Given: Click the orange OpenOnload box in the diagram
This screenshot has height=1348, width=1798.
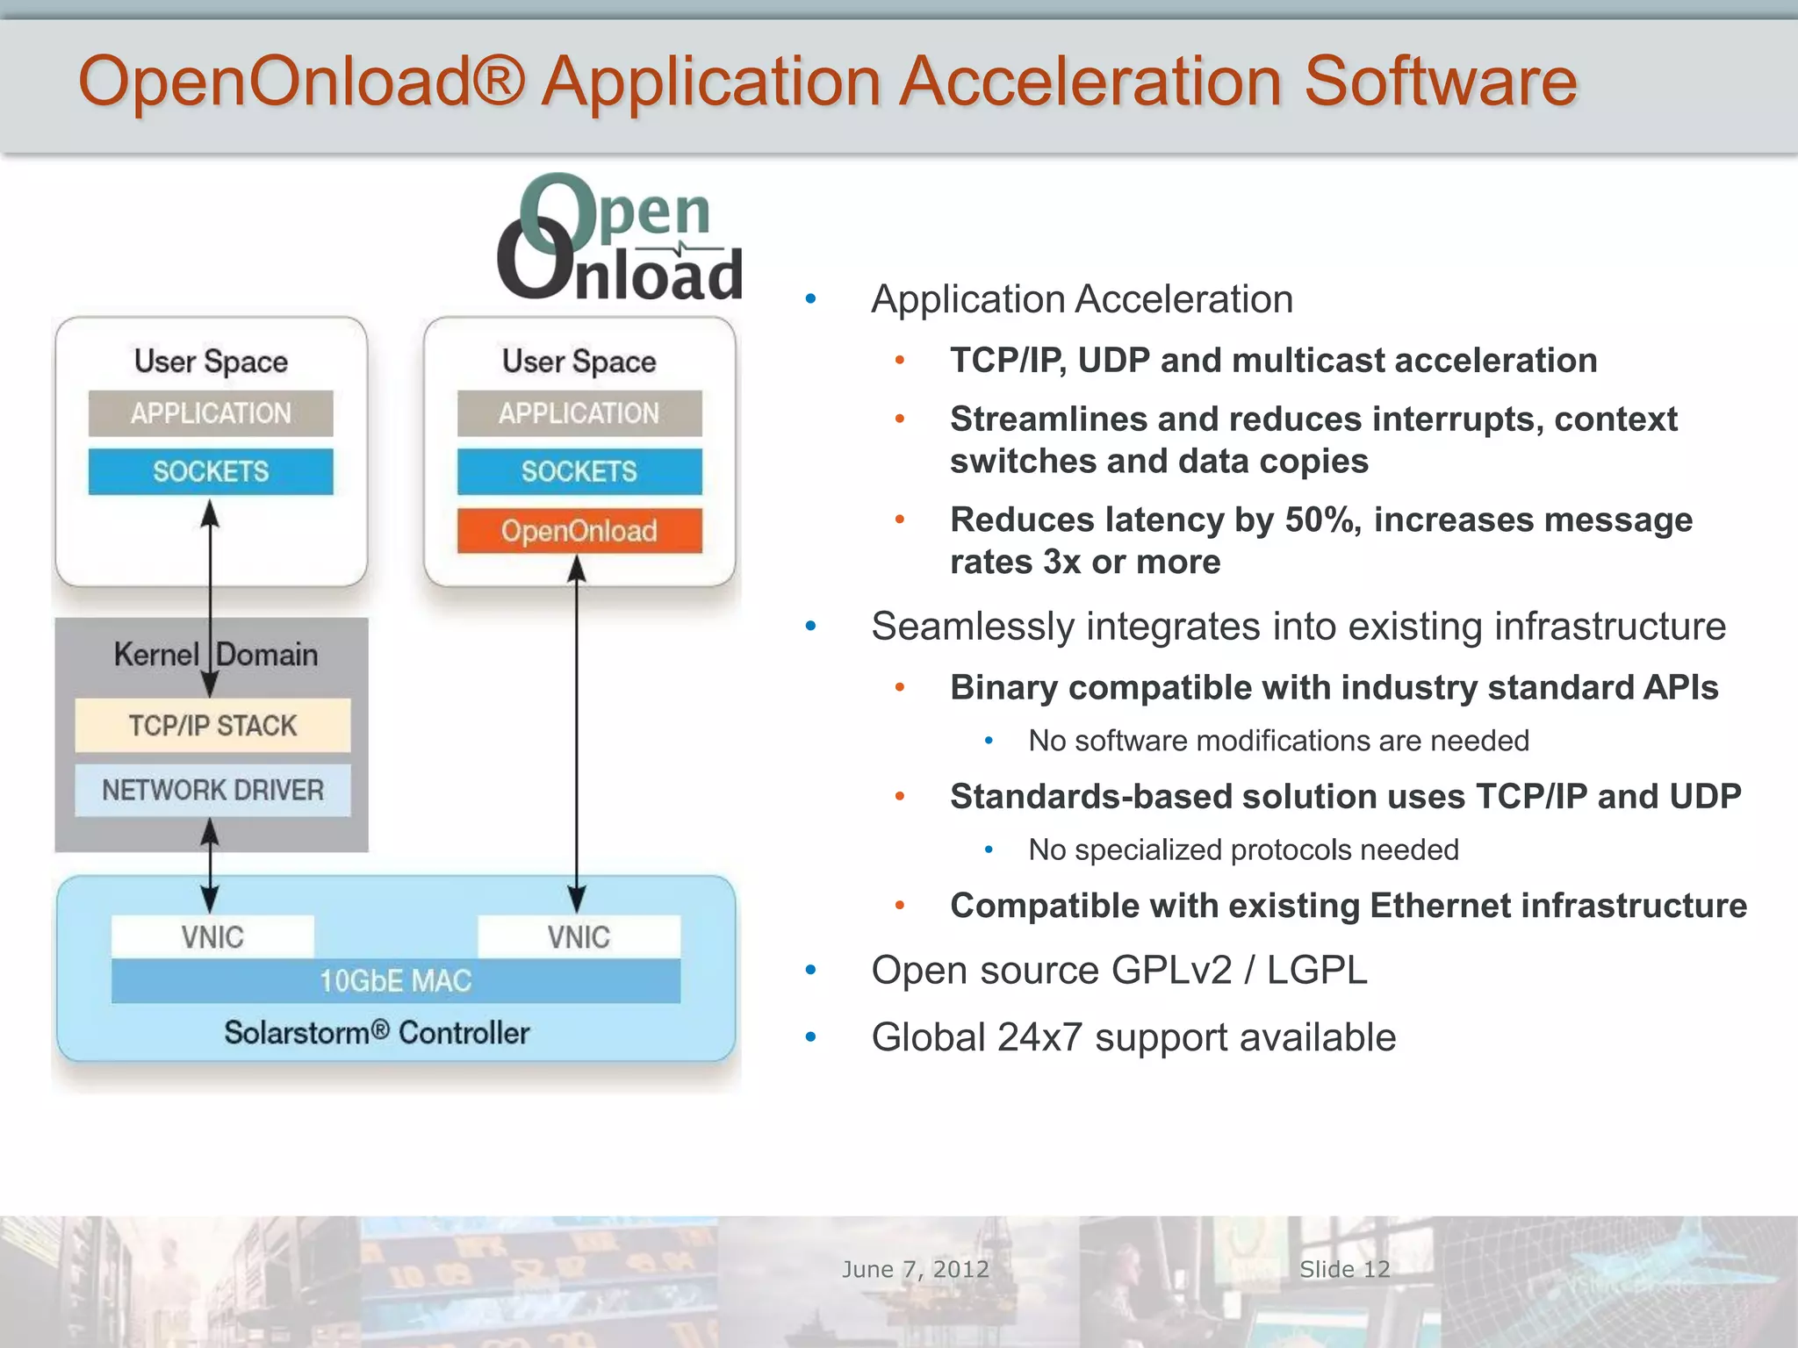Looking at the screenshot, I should (579, 530).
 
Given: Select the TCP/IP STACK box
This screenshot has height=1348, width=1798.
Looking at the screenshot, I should (212, 725).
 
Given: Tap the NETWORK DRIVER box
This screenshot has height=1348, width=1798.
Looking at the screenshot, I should (212, 790).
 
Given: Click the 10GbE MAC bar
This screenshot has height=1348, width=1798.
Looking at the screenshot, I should (396, 980).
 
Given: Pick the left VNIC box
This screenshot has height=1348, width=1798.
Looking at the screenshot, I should (212, 936).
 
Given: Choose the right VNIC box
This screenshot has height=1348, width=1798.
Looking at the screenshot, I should (579, 936).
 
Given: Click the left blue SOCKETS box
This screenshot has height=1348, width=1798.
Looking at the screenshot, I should (211, 471).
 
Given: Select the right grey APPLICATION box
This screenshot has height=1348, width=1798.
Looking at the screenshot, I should (579, 413).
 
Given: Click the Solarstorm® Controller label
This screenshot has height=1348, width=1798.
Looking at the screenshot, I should (377, 1032).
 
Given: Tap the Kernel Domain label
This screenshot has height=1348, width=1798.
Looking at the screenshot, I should (216, 655).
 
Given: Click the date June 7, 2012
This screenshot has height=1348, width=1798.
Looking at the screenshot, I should (916, 1269).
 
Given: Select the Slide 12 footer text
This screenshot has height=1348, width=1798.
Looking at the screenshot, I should (1345, 1269).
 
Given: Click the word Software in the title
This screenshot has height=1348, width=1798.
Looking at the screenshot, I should (1441, 82).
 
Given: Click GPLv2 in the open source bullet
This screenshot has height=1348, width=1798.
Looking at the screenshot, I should (1171, 971).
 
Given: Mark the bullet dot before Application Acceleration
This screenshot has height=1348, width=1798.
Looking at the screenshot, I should (811, 300).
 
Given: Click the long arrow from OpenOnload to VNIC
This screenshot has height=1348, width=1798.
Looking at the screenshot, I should (577, 728).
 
